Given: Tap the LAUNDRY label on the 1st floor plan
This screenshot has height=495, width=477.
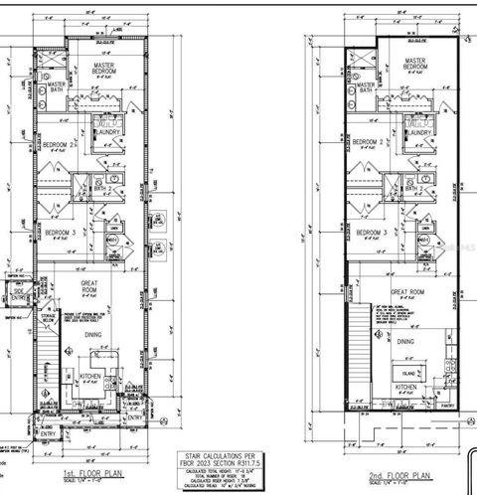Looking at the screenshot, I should (106, 133).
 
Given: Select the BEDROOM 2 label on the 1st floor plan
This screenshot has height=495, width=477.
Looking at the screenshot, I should (59, 144).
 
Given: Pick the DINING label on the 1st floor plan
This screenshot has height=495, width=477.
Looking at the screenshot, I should (96, 335).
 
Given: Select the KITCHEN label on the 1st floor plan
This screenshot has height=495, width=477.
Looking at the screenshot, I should (91, 378).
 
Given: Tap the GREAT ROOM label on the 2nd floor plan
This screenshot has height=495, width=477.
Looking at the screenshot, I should (407, 293).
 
